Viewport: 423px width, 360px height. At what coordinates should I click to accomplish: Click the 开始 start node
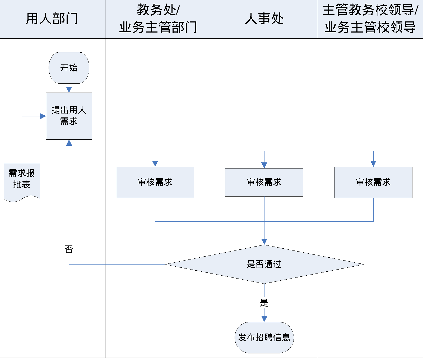69,68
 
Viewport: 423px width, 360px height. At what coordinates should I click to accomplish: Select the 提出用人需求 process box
69,116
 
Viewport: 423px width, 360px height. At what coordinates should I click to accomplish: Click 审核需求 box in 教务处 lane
155,182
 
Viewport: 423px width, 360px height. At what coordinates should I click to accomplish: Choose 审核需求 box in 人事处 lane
264,182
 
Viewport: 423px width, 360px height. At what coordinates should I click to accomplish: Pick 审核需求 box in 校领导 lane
373,182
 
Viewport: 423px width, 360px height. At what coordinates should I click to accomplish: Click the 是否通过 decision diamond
264,264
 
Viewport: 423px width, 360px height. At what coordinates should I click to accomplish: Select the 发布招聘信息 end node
264,338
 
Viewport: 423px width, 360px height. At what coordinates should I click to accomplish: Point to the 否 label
69,249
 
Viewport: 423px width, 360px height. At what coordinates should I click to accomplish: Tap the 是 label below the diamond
264,303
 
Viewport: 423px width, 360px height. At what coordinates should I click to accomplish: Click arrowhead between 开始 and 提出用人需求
69,90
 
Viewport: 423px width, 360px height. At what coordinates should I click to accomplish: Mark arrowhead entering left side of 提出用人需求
43,116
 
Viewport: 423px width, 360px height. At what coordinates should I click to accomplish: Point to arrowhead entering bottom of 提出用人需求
69,143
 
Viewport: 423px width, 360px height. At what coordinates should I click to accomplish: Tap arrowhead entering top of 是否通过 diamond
264,241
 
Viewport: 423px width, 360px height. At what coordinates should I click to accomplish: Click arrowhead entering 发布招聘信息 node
264,319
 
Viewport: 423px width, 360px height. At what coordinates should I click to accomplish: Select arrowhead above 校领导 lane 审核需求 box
373,164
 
